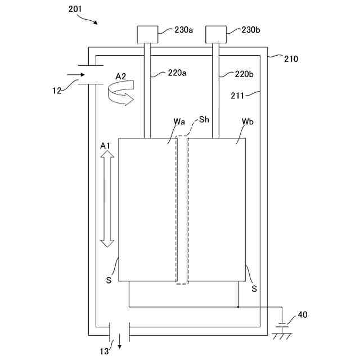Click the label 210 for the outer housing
tap(291, 58)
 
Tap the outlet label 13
tap(105, 351)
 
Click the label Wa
tap(179, 121)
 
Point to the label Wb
tap(247, 121)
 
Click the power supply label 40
tap(303, 315)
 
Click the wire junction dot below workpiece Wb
tap(238, 307)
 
